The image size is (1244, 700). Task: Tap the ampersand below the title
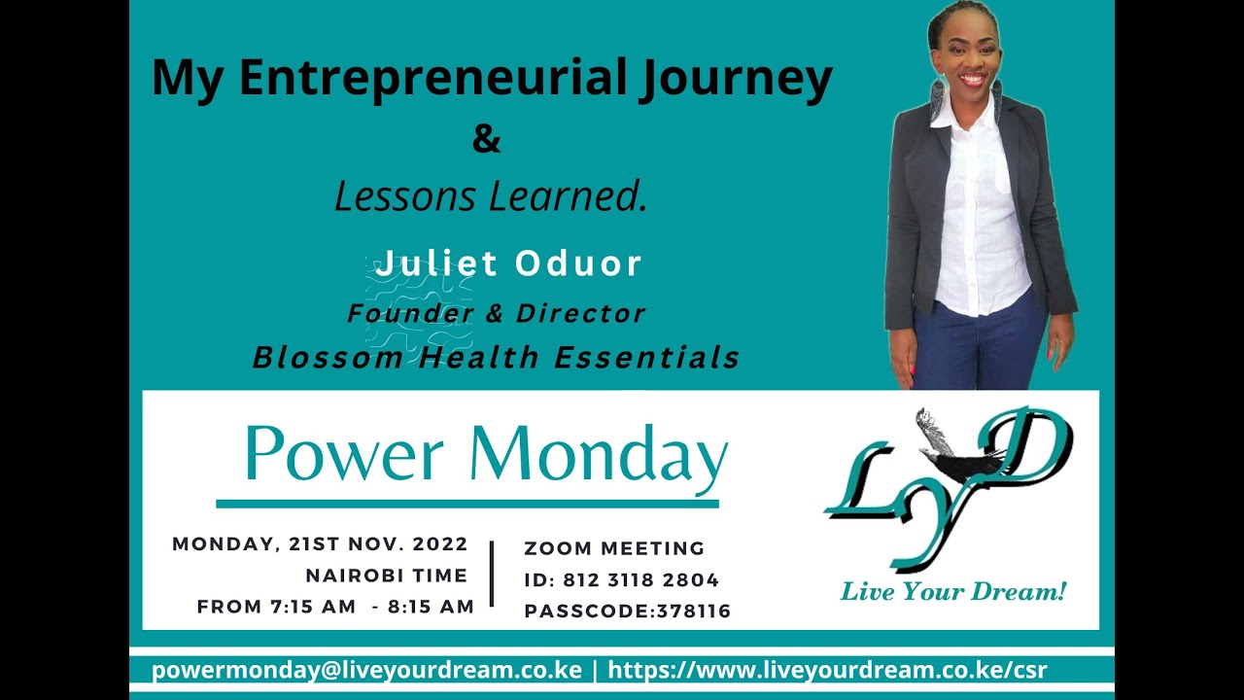pyautogui.click(x=487, y=139)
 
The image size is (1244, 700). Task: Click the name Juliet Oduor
pyautogui.click(x=509, y=263)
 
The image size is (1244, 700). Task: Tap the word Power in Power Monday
pyautogui.click(x=344, y=454)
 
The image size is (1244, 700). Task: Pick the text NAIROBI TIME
pyautogui.click(x=387, y=576)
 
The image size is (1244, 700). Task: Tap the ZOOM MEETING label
pyautogui.click(x=614, y=548)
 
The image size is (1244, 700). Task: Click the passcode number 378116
pyautogui.click(x=694, y=612)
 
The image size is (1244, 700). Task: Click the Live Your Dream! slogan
pyautogui.click(x=952, y=591)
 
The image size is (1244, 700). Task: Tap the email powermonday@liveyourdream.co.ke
pyautogui.click(x=366, y=670)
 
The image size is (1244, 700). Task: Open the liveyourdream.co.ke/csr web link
pyautogui.click(x=827, y=670)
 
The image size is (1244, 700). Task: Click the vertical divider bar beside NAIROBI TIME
pyautogui.click(x=493, y=574)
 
